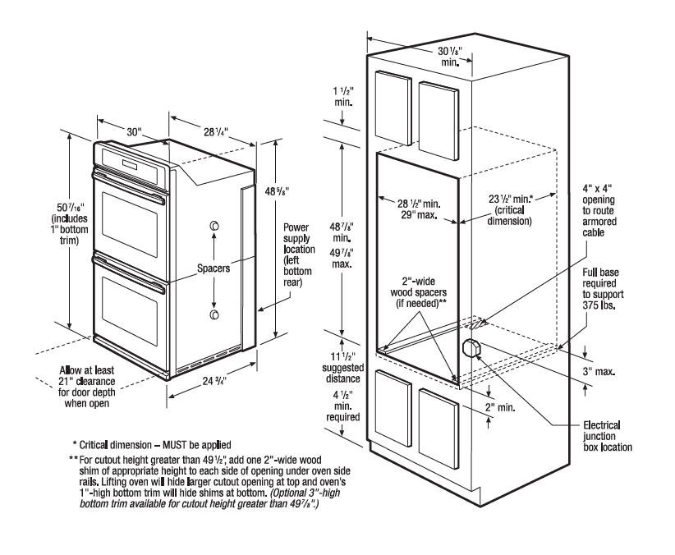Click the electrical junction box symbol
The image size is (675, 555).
point(472,347)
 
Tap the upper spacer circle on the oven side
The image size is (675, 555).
point(214,226)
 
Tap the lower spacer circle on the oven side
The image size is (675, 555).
point(214,314)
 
